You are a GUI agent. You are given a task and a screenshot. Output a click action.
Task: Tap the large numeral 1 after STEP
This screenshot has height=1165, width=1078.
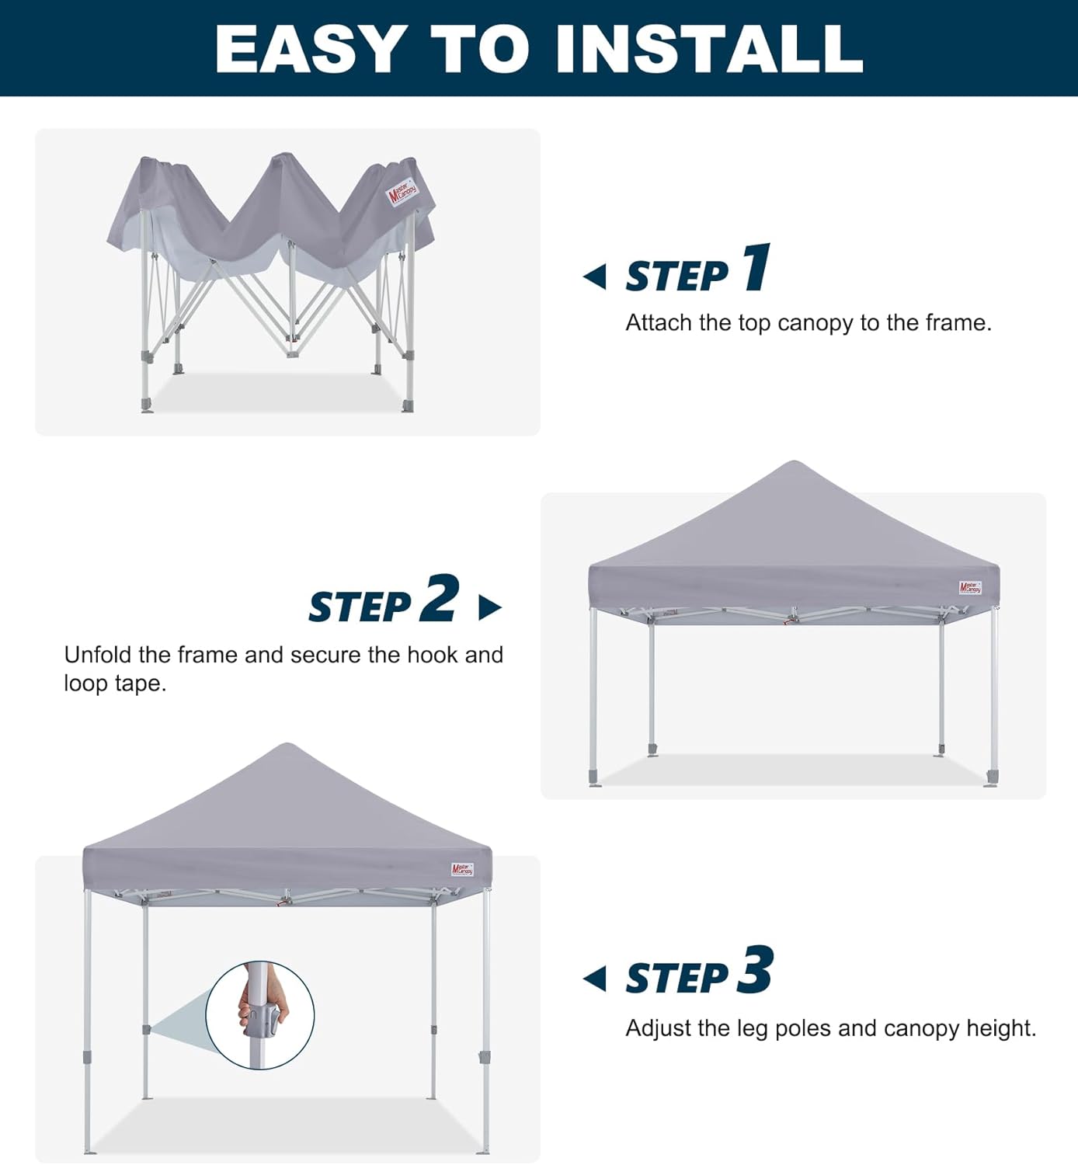(x=756, y=267)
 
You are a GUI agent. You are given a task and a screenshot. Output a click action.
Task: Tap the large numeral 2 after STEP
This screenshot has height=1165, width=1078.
(x=440, y=598)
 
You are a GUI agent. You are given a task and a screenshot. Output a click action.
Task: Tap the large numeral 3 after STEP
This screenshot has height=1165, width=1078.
(x=755, y=970)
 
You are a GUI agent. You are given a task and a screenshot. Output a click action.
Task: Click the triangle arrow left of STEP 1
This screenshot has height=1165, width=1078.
(x=595, y=276)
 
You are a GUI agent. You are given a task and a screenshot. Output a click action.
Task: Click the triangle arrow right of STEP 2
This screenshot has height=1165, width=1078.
(x=489, y=607)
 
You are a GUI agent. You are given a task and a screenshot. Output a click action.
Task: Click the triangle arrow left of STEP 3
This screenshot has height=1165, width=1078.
(x=595, y=979)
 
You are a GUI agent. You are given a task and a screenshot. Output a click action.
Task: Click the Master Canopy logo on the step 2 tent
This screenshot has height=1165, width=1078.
(x=970, y=588)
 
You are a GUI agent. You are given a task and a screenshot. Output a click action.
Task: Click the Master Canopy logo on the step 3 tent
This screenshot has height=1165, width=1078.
(x=462, y=870)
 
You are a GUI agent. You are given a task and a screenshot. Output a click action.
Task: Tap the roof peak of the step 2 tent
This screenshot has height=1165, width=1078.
(x=793, y=464)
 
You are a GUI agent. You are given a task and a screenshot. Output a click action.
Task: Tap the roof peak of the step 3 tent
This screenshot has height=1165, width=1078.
(x=287, y=746)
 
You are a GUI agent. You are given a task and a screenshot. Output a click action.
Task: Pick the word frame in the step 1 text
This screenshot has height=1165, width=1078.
(x=956, y=323)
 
